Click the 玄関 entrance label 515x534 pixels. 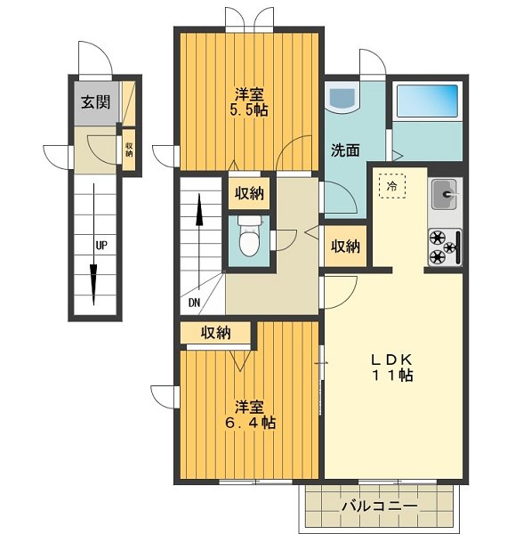[x=96, y=101]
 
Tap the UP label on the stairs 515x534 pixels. [x=102, y=246]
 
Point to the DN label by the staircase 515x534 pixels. [x=194, y=302]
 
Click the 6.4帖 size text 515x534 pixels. [x=248, y=422]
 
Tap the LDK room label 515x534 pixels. [x=392, y=360]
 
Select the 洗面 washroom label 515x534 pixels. [x=346, y=150]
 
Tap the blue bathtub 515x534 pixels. [x=427, y=102]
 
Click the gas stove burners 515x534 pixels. [x=443, y=247]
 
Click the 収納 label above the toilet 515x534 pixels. [x=249, y=193]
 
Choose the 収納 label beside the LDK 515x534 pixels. [x=345, y=247]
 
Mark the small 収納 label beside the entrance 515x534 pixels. [x=130, y=150]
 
